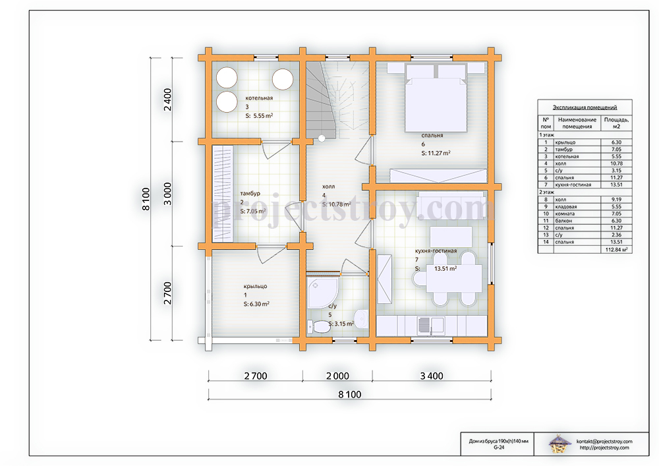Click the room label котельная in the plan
pos(259,98)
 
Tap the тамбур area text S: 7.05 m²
pos(253,211)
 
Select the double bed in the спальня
pos(436,98)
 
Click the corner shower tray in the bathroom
pos(322,293)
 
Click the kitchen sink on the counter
pos(430,326)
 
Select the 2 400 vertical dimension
pos(167,100)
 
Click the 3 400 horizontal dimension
pos(432,376)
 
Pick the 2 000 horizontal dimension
pos(337,376)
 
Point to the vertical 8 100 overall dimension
pos(146,199)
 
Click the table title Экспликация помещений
pos(585,107)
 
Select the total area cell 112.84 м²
pos(617,250)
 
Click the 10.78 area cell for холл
pos(617,163)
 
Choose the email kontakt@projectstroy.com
pos(604,442)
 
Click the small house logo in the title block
pos(559,444)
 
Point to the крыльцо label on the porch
pos(255,286)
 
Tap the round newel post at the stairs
pos(322,138)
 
